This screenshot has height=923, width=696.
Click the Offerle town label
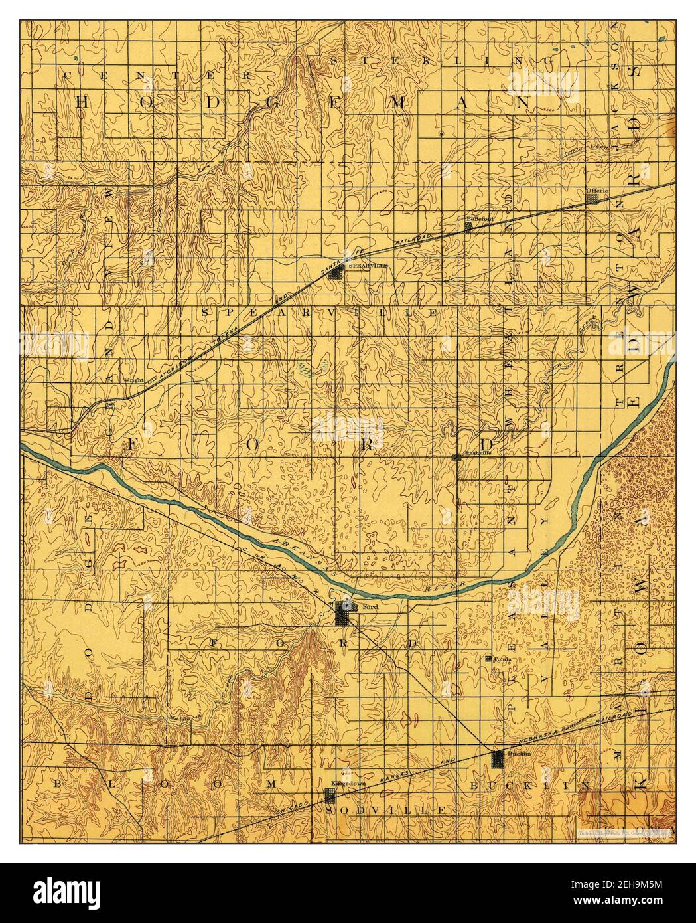tap(593, 190)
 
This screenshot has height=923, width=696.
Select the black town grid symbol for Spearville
tap(337, 272)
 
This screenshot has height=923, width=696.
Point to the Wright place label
tap(135, 380)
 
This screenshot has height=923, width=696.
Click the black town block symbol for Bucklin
tap(498, 759)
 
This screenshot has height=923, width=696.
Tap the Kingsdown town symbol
tap(328, 795)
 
